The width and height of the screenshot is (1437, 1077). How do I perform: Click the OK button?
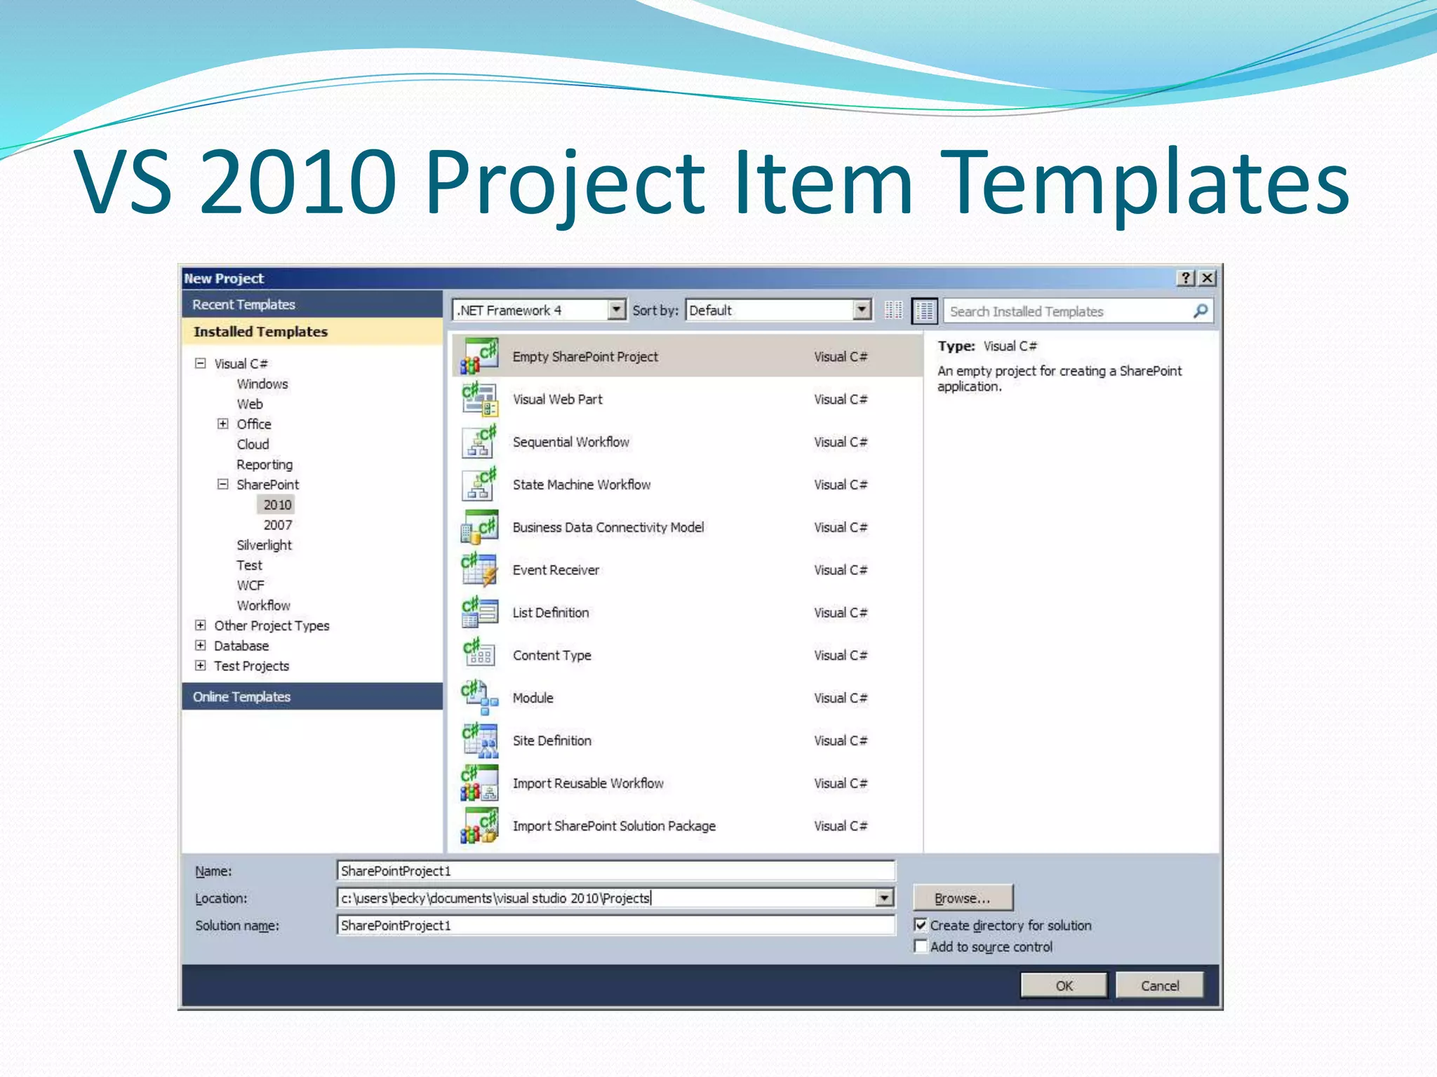point(1063,985)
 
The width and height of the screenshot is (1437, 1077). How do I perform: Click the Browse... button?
point(963,898)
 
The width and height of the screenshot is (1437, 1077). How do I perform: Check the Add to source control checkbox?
point(921,947)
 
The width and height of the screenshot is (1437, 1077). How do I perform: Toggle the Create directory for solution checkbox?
point(921,926)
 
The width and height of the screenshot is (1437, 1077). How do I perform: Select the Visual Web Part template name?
point(557,400)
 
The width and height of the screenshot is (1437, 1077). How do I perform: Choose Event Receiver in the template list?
point(556,570)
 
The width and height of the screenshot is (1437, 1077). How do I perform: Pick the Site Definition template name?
point(552,740)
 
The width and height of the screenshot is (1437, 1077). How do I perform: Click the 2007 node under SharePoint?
point(277,525)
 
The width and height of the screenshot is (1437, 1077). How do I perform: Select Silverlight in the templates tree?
point(264,546)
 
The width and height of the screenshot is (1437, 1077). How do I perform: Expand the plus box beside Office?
point(222,424)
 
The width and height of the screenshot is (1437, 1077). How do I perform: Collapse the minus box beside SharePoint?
point(222,485)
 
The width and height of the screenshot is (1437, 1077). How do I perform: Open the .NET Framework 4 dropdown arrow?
point(616,310)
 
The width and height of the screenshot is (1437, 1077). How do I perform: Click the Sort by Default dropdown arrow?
point(862,310)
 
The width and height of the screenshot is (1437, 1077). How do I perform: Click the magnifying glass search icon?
point(1201,311)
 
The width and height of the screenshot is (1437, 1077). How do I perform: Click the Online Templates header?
point(241,697)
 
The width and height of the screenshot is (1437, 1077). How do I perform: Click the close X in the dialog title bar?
point(1207,278)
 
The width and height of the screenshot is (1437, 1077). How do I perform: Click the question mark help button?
point(1185,278)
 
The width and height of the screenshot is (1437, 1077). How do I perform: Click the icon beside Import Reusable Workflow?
point(480,783)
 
